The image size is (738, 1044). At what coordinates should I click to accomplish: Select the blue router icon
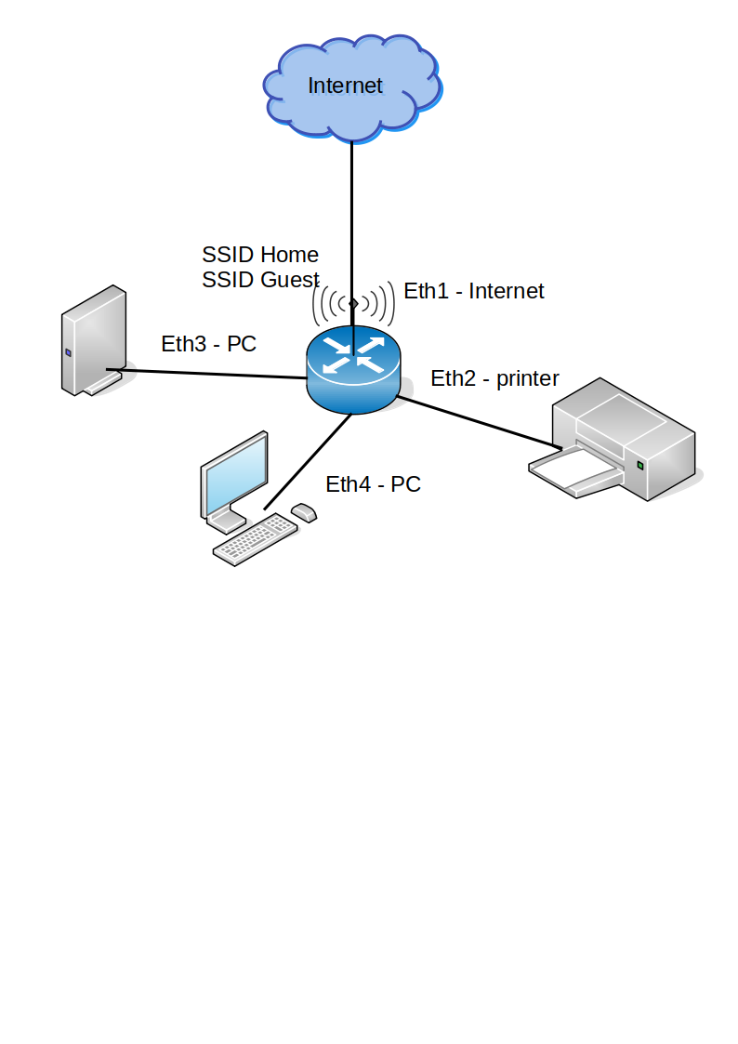click(354, 370)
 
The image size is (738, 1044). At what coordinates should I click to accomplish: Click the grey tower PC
click(93, 339)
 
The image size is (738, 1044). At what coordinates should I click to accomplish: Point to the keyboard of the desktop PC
click(254, 540)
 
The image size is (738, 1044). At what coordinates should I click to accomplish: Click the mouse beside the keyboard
click(304, 512)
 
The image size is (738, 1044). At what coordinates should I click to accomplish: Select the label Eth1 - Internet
click(473, 291)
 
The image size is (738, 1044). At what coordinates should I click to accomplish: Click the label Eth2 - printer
click(494, 378)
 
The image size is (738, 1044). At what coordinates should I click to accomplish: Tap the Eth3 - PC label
click(208, 344)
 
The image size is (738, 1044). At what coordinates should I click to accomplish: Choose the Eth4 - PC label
click(373, 484)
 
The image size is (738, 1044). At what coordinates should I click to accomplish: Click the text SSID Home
click(260, 255)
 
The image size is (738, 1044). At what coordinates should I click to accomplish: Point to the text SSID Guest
click(260, 280)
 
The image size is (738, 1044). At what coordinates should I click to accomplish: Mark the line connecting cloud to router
click(351, 214)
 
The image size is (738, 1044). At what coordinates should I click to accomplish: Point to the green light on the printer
click(640, 465)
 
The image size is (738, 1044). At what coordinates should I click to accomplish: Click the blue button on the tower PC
click(68, 352)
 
